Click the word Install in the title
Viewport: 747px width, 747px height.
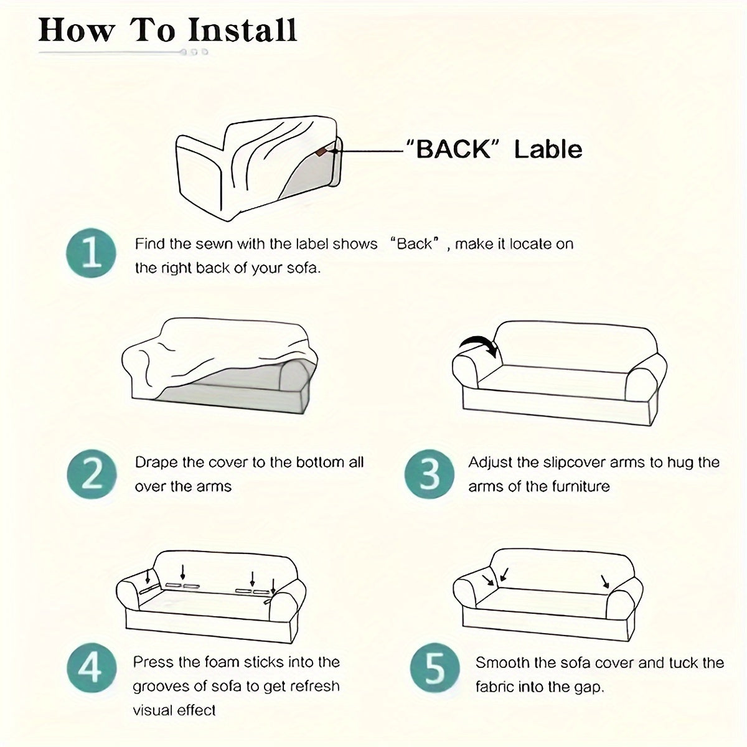point(243,31)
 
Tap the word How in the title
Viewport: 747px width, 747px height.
point(77,31)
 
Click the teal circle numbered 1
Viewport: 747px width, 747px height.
point(91,253)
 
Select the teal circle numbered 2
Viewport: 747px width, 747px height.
point(92,474)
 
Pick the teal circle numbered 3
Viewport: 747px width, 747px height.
point(429,474)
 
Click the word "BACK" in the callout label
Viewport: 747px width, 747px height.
point(453,149)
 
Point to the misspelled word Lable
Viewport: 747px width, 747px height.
point(548,149)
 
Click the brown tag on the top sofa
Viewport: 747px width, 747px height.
point(321,151)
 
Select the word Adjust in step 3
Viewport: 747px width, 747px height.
point(491,463)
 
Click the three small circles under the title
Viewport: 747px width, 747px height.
point(195,52)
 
